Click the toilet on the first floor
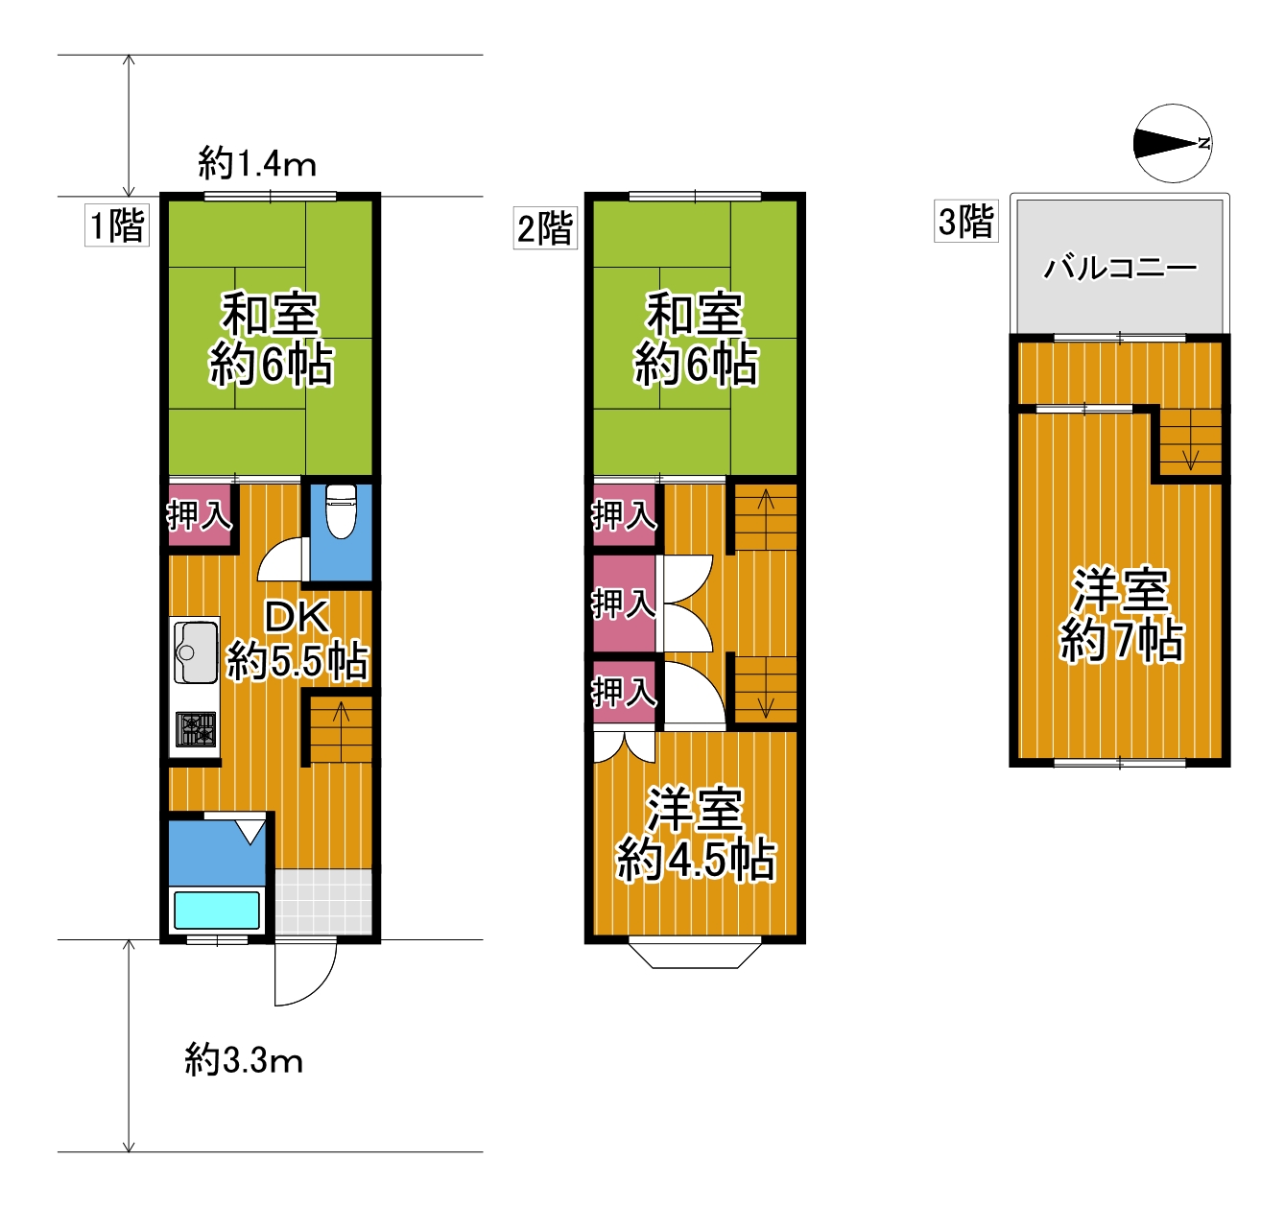[341, 511]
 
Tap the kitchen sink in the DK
[196, 651]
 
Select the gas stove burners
[196, 729]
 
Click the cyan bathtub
[217, 910]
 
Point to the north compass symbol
[1173, 143]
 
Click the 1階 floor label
[117, 225]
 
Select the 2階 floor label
[545, 227]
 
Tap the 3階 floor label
[966, 222]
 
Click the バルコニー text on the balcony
[1120, 268]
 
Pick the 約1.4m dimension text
[257, 163]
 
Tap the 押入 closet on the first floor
[200, 516]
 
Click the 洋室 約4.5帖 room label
[696, 836]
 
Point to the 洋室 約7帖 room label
[1121, 615]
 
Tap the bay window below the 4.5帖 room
[695, 956]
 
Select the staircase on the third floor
[1189, 443]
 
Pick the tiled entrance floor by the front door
[323, 901]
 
